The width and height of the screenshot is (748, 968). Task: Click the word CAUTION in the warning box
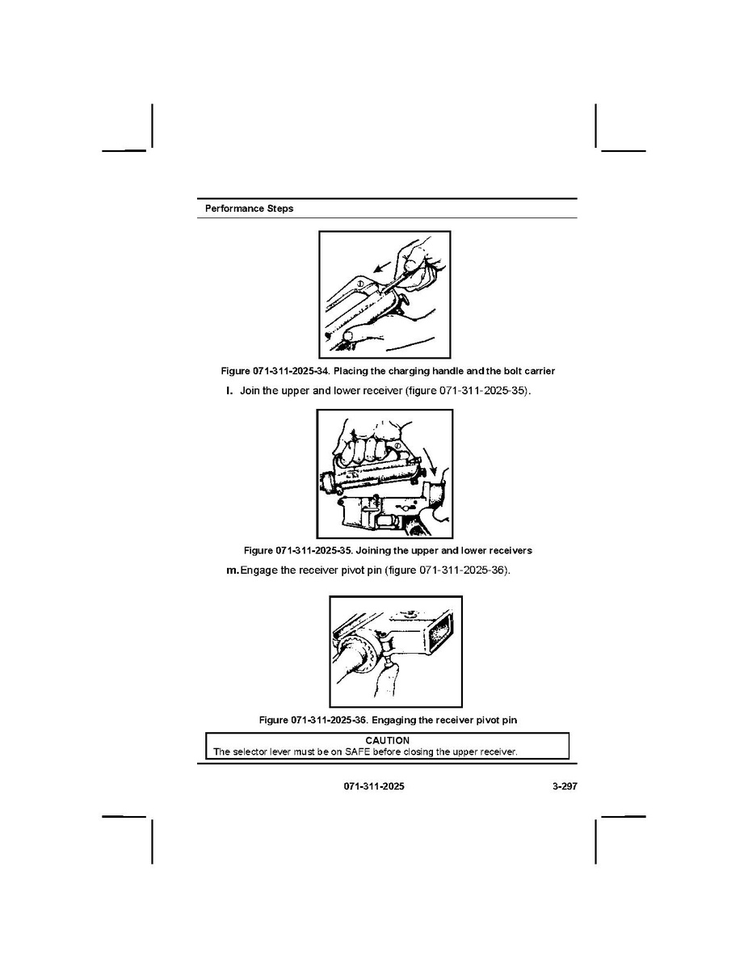pyautogui.click(x=387, y=740)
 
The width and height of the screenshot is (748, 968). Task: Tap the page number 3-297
pyautogui.click(x=565, y=786)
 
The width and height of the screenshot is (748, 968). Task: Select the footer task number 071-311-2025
pyautogui.click(x=374, y=786)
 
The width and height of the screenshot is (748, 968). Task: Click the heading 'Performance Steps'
pyautogui.click(x=250, y=208)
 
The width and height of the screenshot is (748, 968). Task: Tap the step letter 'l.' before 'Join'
pyautogui.click(x=229, y=391)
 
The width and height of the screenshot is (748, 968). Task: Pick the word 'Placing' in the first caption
pyautogui.click(x=349, y=371)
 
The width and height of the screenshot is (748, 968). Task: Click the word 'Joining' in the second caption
pyautogui.click(x=372, y=550)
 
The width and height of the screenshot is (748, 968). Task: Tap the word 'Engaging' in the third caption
pyautogui.click(x=393, y=720)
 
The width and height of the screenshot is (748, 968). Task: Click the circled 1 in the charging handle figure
pyautogui.click(x=361, y=283)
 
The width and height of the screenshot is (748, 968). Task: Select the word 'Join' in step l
pyautogui.click(x=250, y=391)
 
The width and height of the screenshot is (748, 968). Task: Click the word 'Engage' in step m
pyautogui.click(x=258, y=570)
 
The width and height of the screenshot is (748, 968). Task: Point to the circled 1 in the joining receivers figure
pyautogui.click(x=398, y=446)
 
